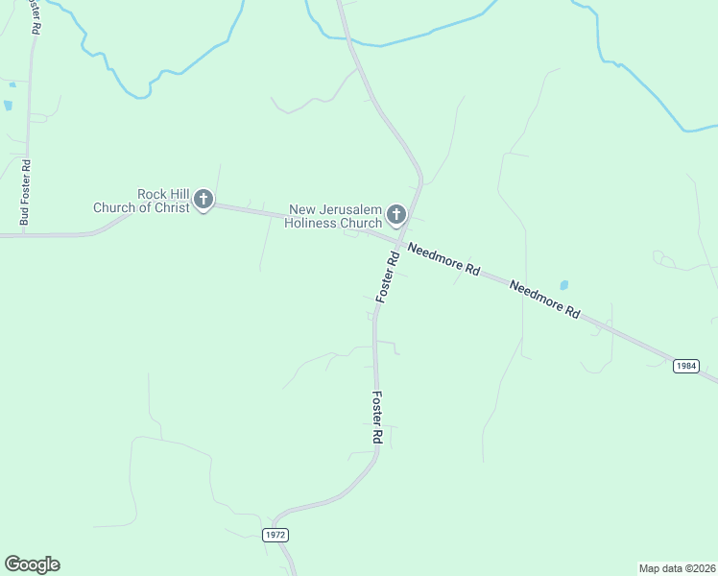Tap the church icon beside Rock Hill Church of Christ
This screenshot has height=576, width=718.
203,200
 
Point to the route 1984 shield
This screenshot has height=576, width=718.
685,366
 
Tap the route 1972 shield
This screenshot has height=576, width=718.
275,534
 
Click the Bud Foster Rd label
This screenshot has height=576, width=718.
25,192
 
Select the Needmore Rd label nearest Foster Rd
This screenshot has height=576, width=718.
443,260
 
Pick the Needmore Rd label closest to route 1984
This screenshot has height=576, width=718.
545,299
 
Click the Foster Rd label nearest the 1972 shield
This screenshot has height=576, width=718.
377,417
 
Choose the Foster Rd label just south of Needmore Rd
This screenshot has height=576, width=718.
387,278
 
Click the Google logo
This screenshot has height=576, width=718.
32,564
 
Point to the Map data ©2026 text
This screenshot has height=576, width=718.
677,567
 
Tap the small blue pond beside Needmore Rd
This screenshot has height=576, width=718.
563,285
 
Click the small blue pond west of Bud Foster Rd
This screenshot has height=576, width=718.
9,105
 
